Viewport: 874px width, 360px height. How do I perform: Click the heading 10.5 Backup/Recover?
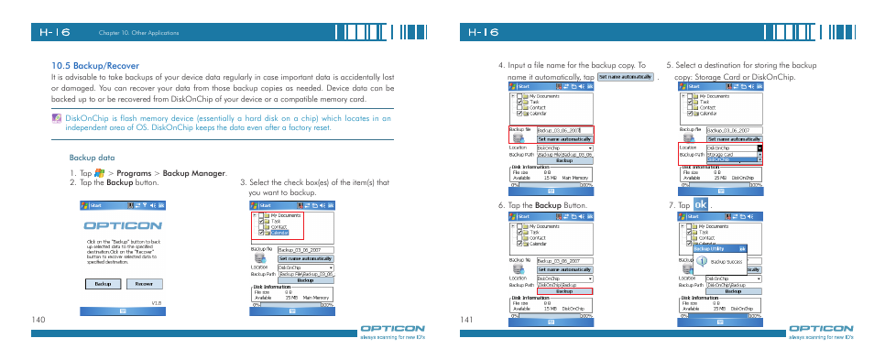pyautogui.click(x=95, y=66)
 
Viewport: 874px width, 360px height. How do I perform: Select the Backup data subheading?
pyautogui.click(x=92, y=158)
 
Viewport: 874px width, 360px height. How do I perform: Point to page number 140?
pyautogui.click(x=37, y=319)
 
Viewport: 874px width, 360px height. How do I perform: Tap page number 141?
pyautogui.click(x=466, y=319)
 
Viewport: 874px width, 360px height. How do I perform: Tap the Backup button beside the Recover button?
pyautogui.click(x=102, y=284)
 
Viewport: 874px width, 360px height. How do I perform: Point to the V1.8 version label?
pyautogui.click(x=157, y=302)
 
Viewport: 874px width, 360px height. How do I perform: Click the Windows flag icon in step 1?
pyautogui.click(x=100, y=172)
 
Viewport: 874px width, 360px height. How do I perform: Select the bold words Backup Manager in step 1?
pyautogui.click(x=193, y=172)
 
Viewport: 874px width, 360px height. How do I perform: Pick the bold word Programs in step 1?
pyautogui.click(x=133, y=172)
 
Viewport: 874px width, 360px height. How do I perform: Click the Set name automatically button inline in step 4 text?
pyautogui.click(x=625, y=78)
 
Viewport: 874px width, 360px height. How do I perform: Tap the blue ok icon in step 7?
pyautogui.click(x=701, y=204)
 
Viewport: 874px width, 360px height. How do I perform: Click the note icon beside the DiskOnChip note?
pyautogui.click(x=57, y=118)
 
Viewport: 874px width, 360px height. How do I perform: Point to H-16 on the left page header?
pyautogui.click(x=55, y=31)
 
